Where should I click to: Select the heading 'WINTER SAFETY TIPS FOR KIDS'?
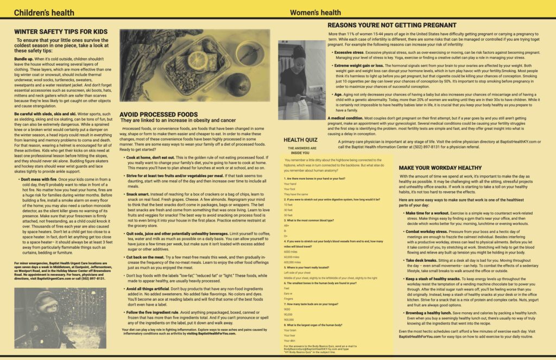[x=61, y=31]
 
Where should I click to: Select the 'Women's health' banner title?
[x=315, y=12]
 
